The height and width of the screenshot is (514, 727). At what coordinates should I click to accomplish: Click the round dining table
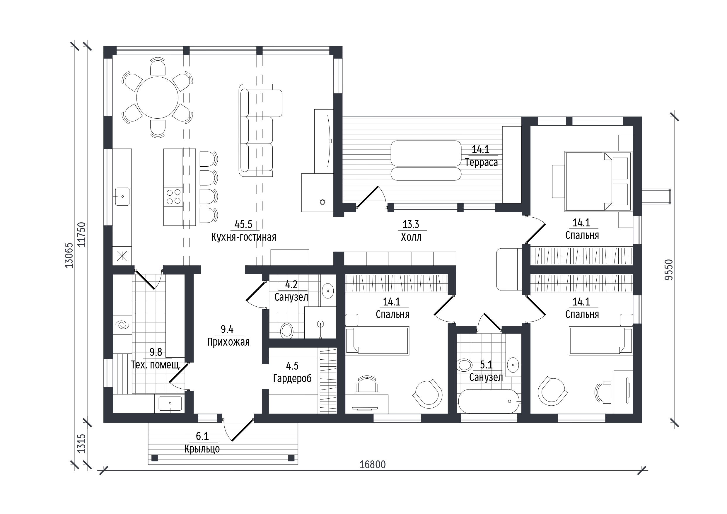click(x=157, y=97)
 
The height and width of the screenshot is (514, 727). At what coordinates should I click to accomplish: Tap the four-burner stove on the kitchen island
click(x=173, y=197)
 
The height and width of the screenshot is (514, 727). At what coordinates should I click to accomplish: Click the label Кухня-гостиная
click(x=243, y=237)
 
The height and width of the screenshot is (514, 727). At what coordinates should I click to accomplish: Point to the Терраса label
click(x=481, y=163)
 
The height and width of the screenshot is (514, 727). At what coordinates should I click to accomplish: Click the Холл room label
click(x=411, y=237)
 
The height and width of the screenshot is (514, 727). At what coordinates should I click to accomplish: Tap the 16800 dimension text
click(x=372, y=465)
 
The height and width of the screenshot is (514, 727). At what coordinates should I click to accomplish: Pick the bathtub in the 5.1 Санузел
click(x=489, y=401)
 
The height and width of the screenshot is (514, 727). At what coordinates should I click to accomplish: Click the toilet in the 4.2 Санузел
click(x=287, y=331)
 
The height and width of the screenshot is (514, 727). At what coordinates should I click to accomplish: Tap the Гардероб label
click(x=292, y=378)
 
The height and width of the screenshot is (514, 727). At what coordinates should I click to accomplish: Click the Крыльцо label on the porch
click(x=202, y=449)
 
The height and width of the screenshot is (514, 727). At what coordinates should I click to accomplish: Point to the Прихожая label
click(x=228, y=342)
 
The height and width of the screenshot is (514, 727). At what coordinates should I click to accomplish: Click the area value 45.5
click(x=243, y=225)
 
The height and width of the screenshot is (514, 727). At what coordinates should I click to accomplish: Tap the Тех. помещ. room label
click(x=156, y=365)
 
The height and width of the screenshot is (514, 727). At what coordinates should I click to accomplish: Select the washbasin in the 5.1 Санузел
click(x=513, y=365)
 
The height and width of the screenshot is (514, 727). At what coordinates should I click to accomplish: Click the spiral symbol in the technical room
click(x=122, y=325)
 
